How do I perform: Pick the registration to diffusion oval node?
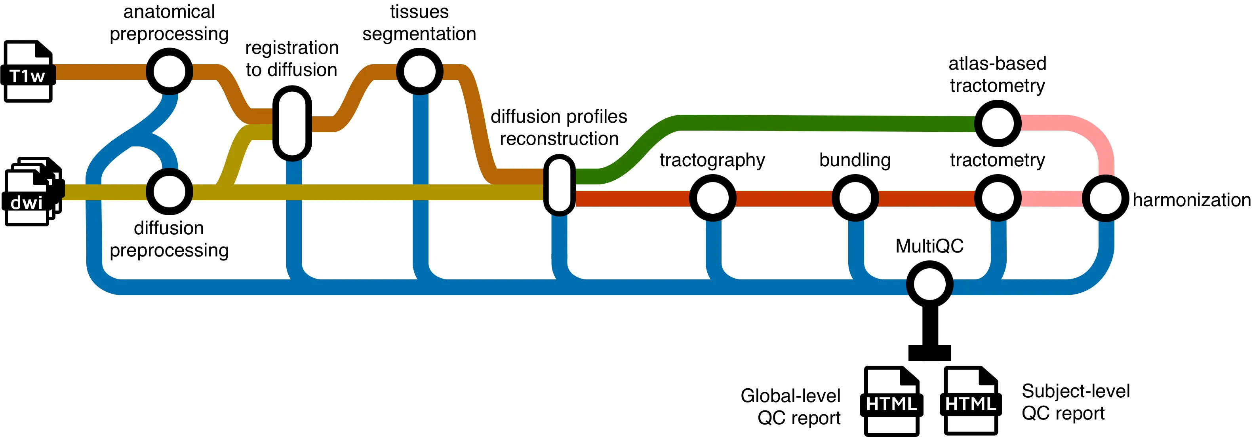coord(292,123)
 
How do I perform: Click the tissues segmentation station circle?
coord(419,71)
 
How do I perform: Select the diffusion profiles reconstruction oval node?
coord(559,185)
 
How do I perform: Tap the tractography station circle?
coord(712,198)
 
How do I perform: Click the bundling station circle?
coord(855,198)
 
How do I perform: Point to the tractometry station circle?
coord(998,198)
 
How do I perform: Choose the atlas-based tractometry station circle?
coord(998,123)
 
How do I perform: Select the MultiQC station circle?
coord(929,284)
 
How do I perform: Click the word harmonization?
coord(1191,200)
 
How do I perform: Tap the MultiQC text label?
coord(929,246)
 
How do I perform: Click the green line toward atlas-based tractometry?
coord(827,123)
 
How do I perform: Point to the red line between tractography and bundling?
coord(783,199)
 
